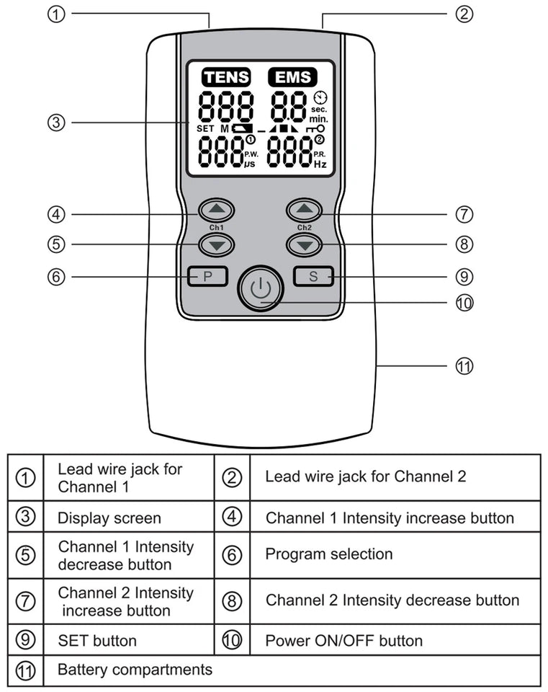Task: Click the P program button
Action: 207,276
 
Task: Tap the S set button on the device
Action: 313,276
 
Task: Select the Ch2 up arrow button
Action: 305,210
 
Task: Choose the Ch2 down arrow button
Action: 305,245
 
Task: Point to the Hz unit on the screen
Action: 320,164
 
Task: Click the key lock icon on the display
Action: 317,128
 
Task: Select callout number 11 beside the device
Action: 464,366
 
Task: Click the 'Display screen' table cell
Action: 109,518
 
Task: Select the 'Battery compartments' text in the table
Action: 135,670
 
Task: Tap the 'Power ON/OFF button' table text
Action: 343,640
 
